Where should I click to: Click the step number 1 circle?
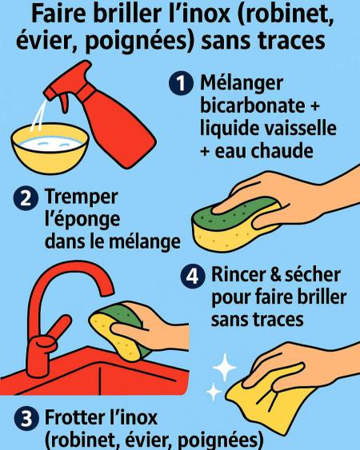pyautogui.click(x=181, y=83)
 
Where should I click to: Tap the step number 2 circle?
pyautogui.click(x=26, y=198)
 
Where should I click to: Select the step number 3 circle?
pyautogui.click(x=26, y=419)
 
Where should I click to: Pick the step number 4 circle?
pyautogui.click(x=193, y=277)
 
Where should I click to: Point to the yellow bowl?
pyautogui.click(x=50, y=149)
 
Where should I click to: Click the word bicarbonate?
pyautogui.click(x=252, y=106)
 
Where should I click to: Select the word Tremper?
pyautogui.click(x=82, y=198)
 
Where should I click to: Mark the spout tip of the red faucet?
pyautogui.click(x=106, y=292)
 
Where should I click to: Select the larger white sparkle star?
pyautogui.click(x=224, y=368)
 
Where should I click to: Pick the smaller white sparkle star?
pyautogui.click(x=214, y=392)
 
